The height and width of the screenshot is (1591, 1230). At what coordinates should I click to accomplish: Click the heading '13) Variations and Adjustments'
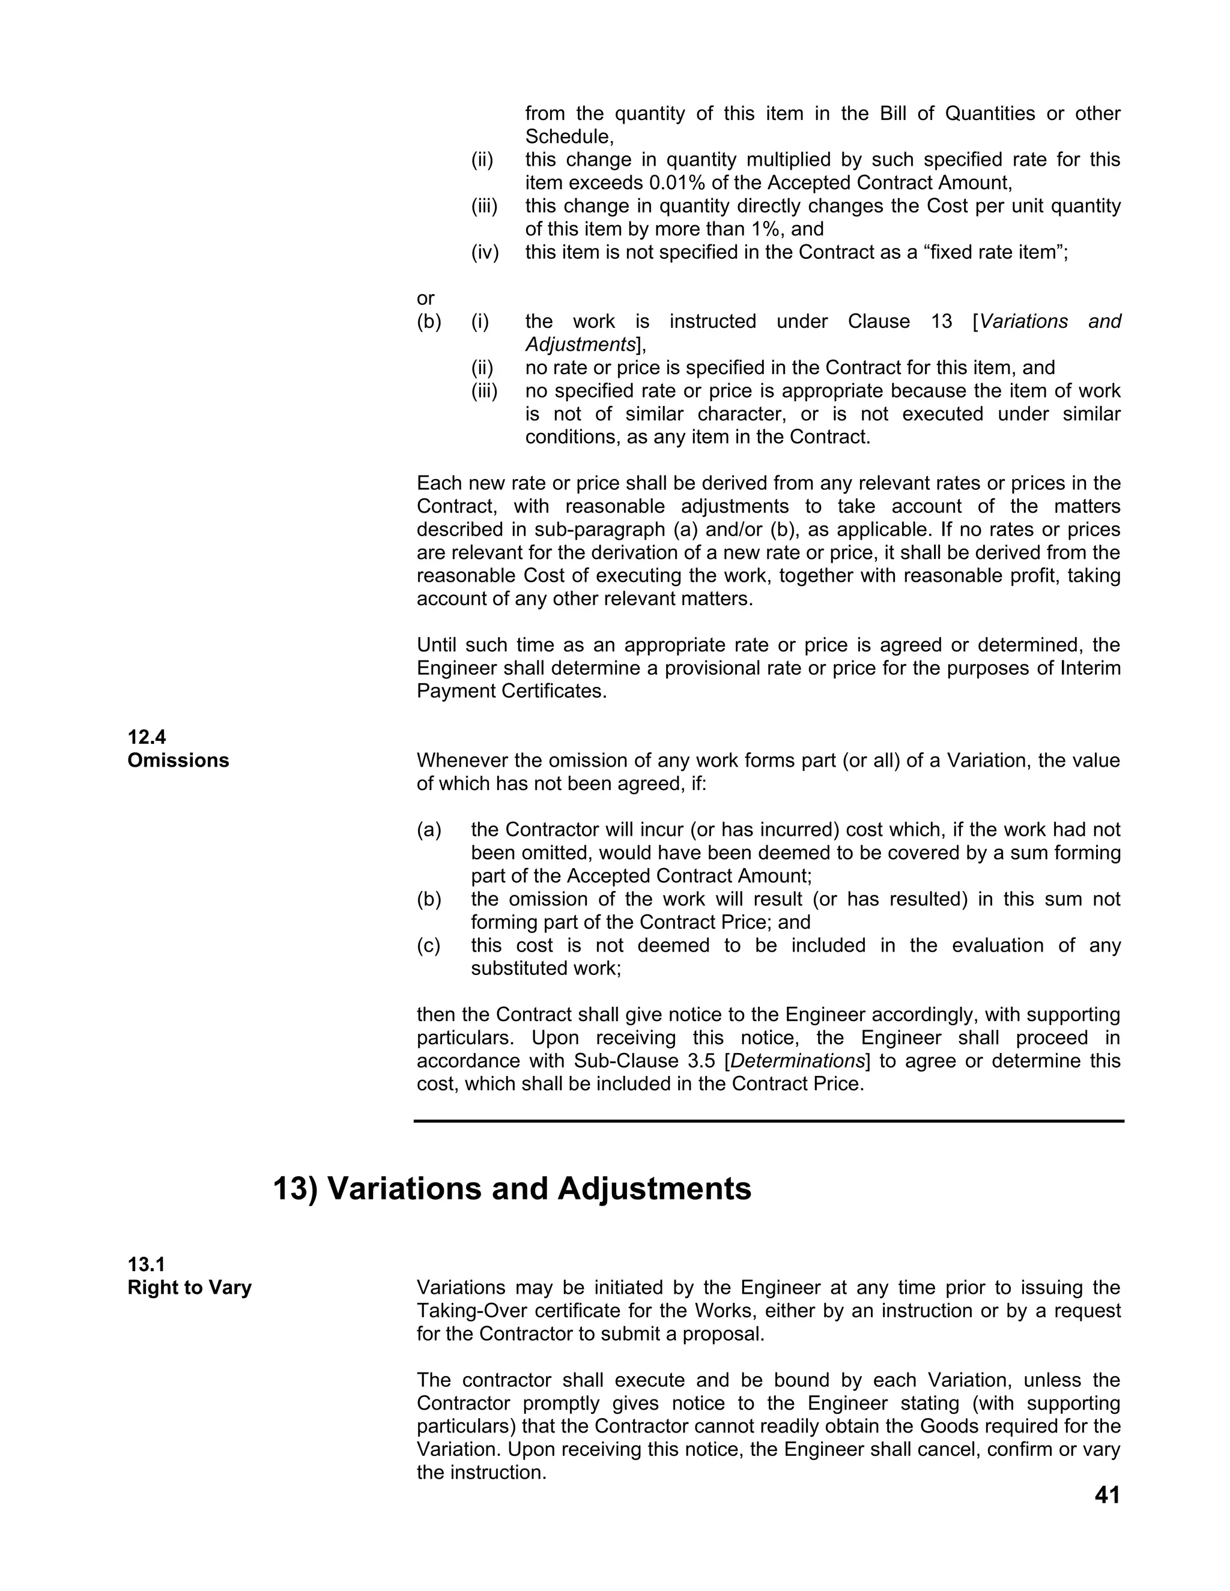tap(512, 1189)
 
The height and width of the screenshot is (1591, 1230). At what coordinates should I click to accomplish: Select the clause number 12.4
tap(147, 737)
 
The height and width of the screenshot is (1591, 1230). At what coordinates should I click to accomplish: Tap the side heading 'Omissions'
tap(178, 761)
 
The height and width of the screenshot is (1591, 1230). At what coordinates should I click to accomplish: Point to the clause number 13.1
tap(147, 1264)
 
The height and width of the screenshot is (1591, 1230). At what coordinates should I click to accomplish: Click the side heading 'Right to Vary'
tap(189, 1288)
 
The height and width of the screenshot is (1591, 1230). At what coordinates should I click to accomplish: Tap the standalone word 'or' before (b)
tap(426, 298)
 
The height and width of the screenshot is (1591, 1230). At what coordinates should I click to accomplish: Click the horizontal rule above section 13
tap(769, 1121)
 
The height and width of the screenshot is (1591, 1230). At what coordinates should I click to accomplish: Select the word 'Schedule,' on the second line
tap(569, 137)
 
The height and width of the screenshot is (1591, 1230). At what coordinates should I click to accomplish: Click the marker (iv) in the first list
tap(485, 253)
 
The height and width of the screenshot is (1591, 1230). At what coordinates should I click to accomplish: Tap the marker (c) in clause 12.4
tap(429, 946)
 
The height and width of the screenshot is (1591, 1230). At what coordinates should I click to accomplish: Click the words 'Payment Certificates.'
tap(512, 691)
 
